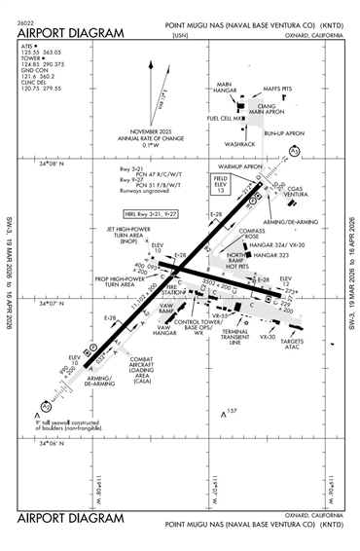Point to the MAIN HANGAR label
[227, 89]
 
